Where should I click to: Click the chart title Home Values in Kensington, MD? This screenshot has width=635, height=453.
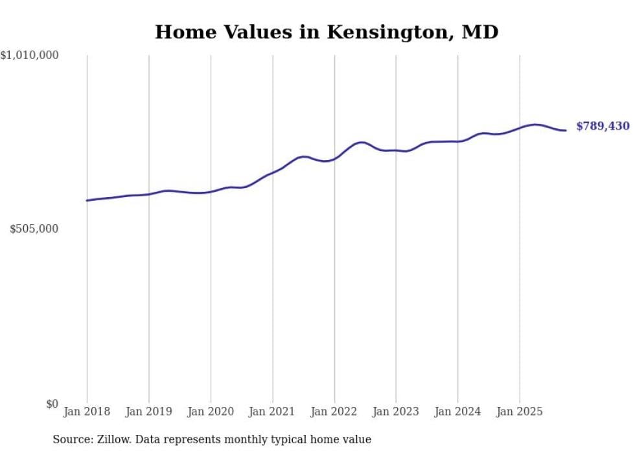pos(327,32)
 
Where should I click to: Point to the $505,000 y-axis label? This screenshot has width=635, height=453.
pos(35,229)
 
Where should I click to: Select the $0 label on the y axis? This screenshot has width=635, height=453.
pos(52,404)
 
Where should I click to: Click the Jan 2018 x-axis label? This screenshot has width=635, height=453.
pos(87,412)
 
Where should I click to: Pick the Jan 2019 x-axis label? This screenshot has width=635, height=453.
pos(149,412)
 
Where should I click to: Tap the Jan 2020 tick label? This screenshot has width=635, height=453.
pos(211,412)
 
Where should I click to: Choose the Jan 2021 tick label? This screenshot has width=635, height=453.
pos(273,412)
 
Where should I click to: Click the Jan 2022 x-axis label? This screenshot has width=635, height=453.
pos(334,412)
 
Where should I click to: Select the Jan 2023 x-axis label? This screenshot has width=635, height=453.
pos(396,412)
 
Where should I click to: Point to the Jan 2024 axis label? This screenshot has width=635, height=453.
pos(458,412)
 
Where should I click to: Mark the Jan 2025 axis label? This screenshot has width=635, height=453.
pos(520,412)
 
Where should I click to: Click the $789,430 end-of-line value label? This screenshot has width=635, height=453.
pos(603,126)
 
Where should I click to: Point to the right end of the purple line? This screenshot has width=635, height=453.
pos(566,130)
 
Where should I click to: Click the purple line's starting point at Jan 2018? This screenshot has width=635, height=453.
pos(87,200)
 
